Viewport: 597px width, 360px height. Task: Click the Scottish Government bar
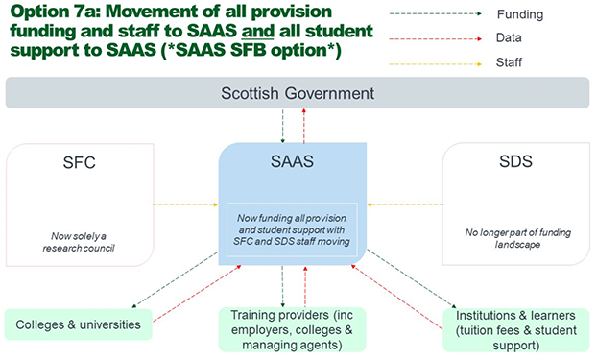point(298,93)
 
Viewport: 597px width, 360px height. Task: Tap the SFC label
point(80,162)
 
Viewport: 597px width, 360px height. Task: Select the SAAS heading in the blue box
point(292,161)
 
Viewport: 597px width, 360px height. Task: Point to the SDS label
point(515,161)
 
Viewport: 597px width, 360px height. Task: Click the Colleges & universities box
point(78,324)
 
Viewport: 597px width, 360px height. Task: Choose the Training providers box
point(292,329)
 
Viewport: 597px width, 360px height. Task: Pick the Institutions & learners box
point(516,330)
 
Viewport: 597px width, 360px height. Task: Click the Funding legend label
point(520,14)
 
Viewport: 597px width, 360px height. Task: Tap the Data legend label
point(509,37)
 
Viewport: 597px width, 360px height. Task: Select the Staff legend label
point(509,62)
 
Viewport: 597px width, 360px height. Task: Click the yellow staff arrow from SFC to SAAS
point(185,204)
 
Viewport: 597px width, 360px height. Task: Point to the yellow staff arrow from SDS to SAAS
point(405,204)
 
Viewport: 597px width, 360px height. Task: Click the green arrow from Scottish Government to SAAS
point(282,126)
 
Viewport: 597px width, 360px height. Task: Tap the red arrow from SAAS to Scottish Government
point(304,126)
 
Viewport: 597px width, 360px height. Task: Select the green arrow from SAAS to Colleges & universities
point(175,280)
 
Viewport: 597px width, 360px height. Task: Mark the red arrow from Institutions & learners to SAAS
point(396,297)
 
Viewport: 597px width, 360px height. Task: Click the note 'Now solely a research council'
point(79,242)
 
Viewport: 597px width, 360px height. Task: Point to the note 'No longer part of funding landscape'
point(517,238)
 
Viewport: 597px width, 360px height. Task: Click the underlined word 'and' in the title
point(258,31)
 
